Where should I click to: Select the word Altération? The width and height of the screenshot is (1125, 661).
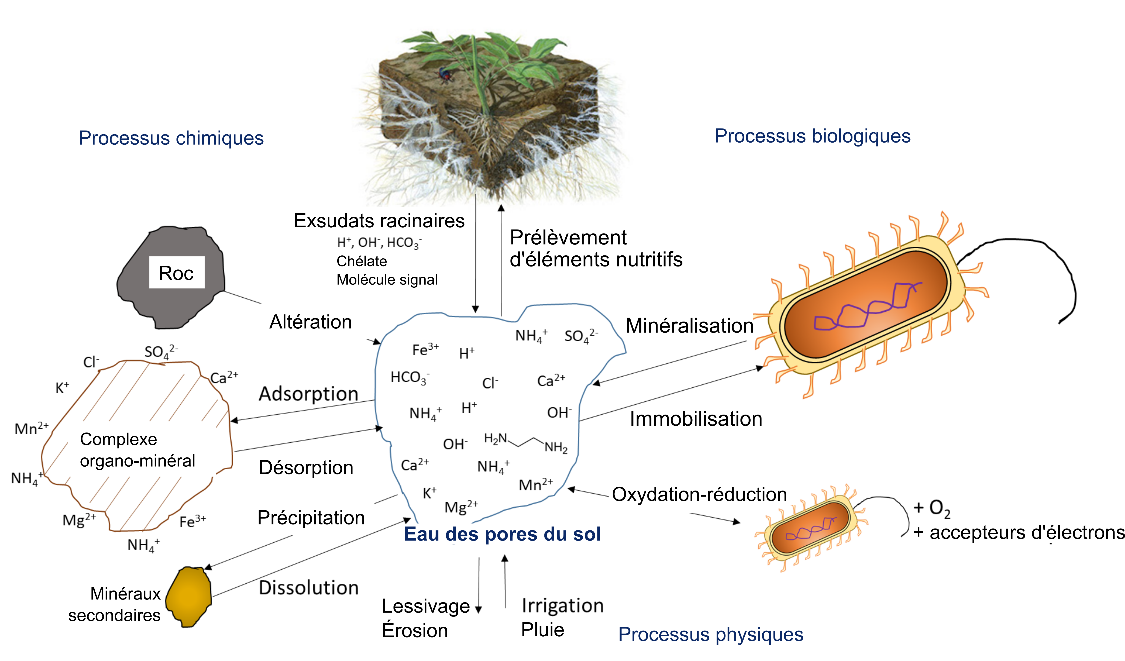coord(311,322)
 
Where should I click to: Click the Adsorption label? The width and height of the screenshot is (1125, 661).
coord(308,394)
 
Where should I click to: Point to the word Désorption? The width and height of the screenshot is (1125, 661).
coord(306,467)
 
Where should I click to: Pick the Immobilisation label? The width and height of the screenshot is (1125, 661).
coord(696,419)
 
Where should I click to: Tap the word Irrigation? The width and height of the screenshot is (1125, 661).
coord(563,606)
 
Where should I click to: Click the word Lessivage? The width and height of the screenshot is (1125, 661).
coord(426,606)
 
